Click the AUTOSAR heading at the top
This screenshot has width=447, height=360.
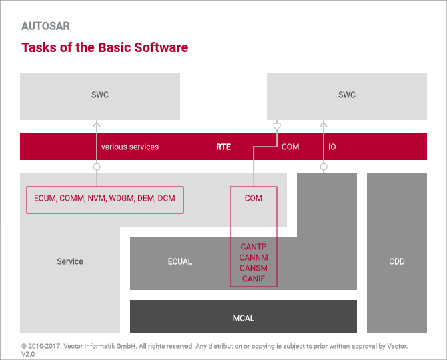(45, 27)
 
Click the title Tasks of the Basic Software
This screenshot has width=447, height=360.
(105, 47)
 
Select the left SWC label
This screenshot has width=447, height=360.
(100, 95)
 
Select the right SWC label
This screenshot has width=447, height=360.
(347, 95)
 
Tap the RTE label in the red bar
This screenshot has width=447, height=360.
(223, 147)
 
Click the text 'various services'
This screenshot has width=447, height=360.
(130, 147)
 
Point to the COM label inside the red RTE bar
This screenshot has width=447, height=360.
(290, 147)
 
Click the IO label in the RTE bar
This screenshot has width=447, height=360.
(332, 147)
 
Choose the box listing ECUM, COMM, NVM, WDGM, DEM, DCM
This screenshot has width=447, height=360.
(105, 199)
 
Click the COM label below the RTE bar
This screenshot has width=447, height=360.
(254, 198)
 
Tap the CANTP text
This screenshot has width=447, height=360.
(254, 247)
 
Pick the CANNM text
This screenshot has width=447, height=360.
(254, 257)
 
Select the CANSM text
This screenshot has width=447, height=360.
(254, 268)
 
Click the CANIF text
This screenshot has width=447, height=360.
(254, 279)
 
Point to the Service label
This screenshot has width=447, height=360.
(70, 261)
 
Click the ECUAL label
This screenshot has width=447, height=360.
(180, 261)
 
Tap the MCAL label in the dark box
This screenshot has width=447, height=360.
(244, 318)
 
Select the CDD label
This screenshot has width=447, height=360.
(397, 261)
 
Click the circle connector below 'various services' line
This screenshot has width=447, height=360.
(97, 166)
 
